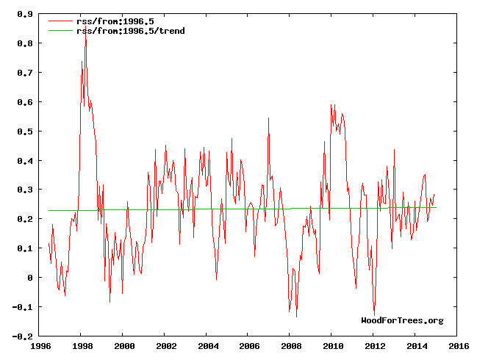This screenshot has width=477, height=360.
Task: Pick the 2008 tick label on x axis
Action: tap(291, 345)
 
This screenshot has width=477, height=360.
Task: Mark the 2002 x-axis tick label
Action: tap(165, 345)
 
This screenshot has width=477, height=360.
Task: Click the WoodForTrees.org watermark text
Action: tap(402, 320)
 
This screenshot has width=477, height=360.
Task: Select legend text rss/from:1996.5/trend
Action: tap(130, 31)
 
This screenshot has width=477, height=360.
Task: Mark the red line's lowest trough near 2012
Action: tap(374, 315)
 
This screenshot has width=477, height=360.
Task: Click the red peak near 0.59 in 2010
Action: tap(331, 104)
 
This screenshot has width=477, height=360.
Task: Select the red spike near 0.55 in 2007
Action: tap(269, 117)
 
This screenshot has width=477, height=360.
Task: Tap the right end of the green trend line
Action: tap(436, 207)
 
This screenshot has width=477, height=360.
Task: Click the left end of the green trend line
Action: tap(49, 211)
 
